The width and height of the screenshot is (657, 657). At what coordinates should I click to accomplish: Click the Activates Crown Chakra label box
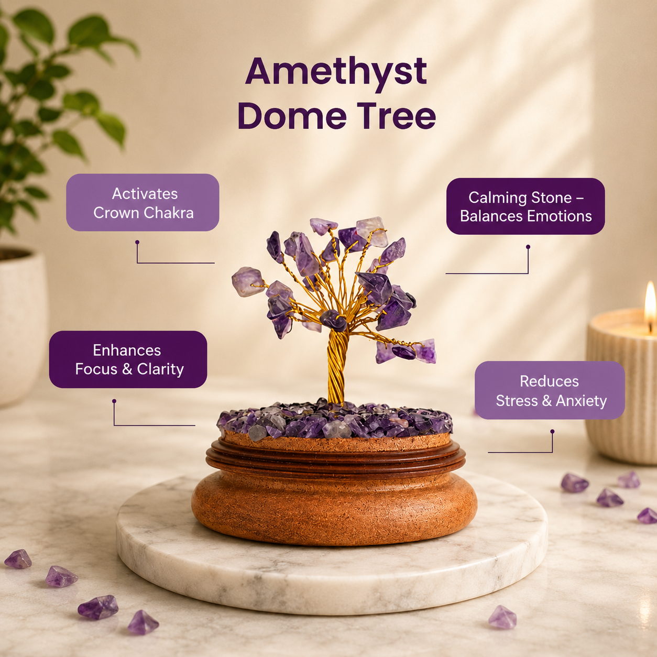(x=143, y=203)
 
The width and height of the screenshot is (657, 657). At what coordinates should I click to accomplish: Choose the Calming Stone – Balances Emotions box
(x=525, y=206)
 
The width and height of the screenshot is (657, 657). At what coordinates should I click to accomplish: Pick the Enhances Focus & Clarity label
(x=128, y=359)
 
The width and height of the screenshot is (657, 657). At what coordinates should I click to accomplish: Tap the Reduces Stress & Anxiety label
(x=550, y=390)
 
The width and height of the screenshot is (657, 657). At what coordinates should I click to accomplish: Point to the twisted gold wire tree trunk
(x=337, y=367)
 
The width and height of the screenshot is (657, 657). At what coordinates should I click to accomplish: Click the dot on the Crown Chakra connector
(x=137, y=242)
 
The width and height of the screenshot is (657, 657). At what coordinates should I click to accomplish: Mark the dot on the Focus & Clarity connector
(x=114, y=401)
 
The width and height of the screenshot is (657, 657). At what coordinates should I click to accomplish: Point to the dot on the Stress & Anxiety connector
(x=552, y=432)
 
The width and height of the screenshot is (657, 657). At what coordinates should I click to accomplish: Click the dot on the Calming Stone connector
(x=528, y=246)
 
